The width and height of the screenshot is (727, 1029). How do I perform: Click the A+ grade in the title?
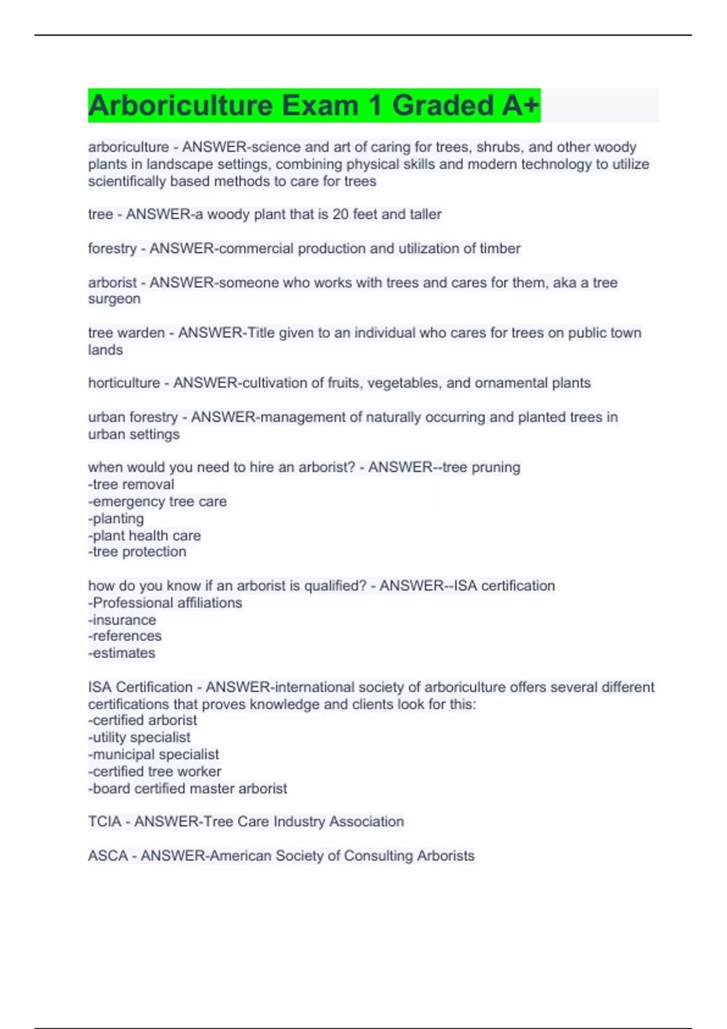(520, 106)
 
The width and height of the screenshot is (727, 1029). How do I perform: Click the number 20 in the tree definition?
(340, 214)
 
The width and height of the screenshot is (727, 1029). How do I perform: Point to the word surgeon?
(114, 299)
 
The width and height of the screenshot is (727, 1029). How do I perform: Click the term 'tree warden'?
(126, 333)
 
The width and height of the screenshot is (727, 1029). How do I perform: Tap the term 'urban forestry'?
(133, 417)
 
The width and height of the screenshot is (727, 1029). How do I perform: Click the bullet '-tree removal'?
(131, 484)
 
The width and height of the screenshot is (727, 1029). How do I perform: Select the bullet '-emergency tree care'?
(158, 501)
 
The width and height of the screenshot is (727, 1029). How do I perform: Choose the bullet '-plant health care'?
(144, 536)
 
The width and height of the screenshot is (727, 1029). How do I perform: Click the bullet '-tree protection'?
(137, 551)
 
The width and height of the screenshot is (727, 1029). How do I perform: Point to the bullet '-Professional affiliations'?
(165, 603)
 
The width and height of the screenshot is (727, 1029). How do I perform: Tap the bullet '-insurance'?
(122, 620)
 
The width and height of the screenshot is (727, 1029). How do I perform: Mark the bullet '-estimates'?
(121, 653)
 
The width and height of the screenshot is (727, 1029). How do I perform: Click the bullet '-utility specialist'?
(139, 737)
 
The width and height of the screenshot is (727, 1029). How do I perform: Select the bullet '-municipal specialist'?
(153, 754)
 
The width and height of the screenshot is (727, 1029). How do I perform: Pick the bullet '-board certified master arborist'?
(187, 789)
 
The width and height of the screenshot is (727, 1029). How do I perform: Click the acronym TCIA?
(104, 822)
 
